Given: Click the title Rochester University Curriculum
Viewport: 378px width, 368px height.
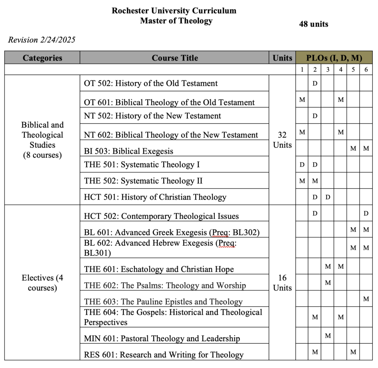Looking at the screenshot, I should click(174, 11).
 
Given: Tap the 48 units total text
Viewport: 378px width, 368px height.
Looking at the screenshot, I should click(313, 24).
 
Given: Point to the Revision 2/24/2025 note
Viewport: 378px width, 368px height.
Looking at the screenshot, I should click(42, 40).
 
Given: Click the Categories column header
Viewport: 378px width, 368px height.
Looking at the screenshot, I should click(42, 58).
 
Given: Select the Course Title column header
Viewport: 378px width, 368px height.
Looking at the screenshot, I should click(175, 58).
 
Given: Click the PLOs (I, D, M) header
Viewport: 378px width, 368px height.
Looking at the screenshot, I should click(334, 58).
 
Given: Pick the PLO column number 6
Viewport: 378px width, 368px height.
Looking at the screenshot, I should click(366, 69).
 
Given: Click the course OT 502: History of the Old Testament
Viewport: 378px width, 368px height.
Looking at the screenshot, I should click(151, 84).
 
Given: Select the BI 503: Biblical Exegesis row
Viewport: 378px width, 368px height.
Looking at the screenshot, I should click(128, 151).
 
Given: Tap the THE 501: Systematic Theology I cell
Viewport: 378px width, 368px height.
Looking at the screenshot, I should click(142, 164).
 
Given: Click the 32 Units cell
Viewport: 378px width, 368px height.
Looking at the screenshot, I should click(282, 140).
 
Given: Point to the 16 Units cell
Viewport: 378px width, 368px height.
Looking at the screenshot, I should click(282, 283).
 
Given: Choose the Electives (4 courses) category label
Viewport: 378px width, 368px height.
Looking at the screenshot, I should click(42, 283).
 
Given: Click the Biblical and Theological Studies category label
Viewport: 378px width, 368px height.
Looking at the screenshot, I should click(42, 140).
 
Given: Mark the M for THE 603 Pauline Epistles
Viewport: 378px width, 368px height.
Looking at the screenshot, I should click(366, 299).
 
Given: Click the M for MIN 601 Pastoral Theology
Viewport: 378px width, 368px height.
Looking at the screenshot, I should click(327, 335).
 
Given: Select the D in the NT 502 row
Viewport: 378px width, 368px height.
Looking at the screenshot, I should click(315, 116).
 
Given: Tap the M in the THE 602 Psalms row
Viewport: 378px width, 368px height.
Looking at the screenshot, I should click(327, 283).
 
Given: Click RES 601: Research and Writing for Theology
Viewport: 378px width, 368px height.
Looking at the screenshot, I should click(164, 355).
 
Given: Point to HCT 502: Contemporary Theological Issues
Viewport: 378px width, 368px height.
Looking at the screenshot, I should click(161, 216).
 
